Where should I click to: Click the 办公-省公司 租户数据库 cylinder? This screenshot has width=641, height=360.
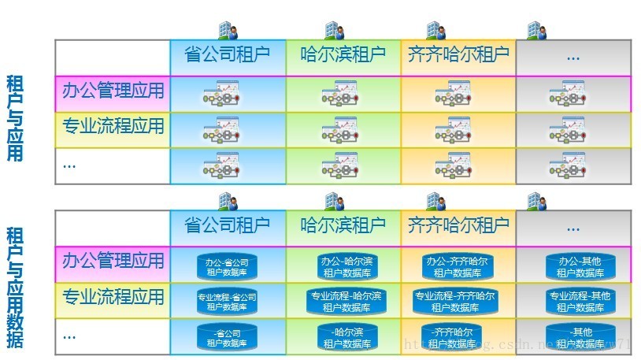(227, 266)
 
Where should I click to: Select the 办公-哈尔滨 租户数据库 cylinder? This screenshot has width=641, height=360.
(347, 266)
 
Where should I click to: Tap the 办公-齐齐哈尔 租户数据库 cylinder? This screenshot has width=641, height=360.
(457, 266)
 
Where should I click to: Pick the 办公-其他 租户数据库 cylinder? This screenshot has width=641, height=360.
(580, 266)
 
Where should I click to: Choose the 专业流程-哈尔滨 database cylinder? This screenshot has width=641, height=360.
(347, 302)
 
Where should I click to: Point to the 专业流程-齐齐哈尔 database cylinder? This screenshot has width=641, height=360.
(457, 302)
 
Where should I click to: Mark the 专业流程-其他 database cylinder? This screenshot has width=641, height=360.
(580, 302)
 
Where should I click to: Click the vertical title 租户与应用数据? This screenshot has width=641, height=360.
(15, 288)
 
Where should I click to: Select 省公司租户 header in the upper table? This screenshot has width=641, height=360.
(227, 56)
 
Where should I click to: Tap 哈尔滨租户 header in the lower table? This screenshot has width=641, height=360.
(343, 226)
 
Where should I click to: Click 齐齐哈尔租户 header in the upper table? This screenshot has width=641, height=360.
(458, 56)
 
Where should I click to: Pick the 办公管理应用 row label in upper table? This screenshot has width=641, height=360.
(113, 91)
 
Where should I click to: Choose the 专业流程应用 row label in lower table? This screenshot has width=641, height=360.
(113, 298)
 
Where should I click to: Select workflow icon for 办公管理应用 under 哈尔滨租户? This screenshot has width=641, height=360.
(342, 95)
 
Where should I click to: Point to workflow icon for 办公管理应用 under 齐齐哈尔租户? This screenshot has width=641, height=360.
(454, 95)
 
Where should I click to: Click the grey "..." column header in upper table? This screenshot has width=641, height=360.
(572, 57)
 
